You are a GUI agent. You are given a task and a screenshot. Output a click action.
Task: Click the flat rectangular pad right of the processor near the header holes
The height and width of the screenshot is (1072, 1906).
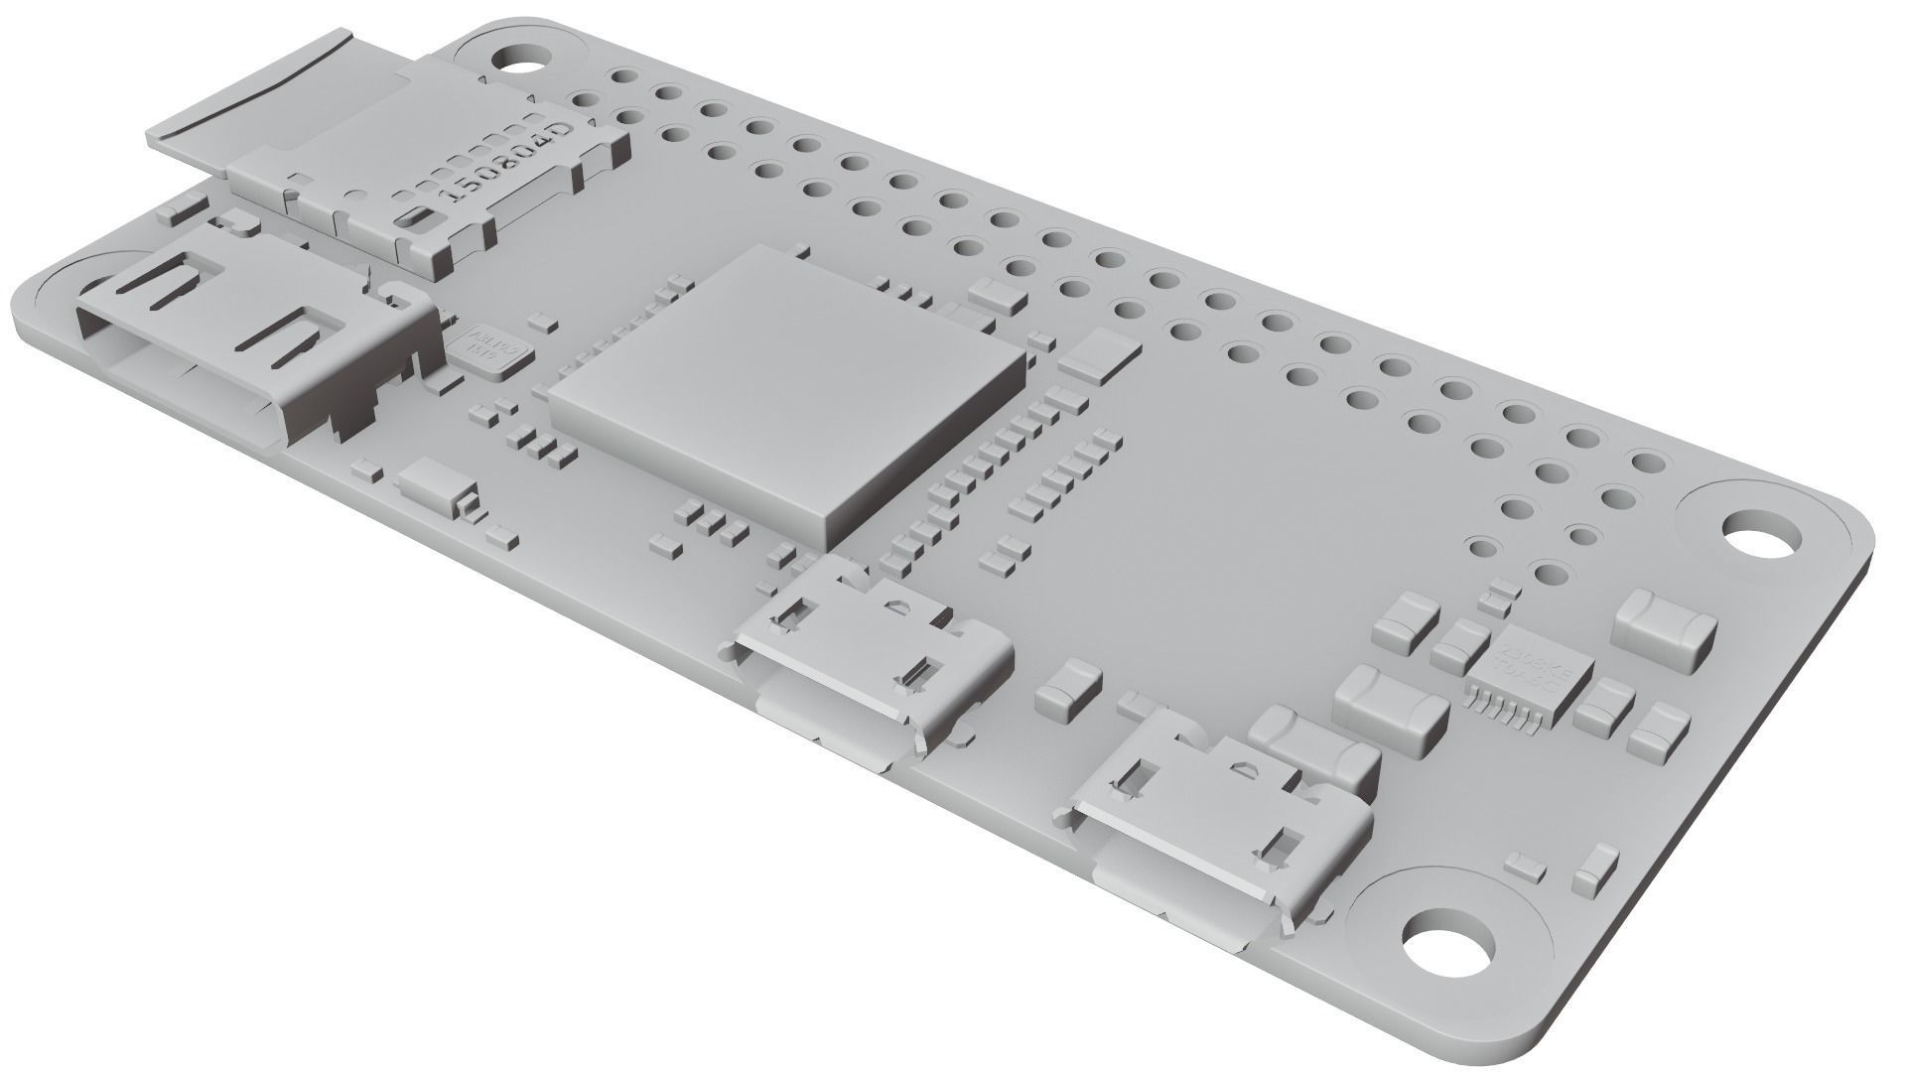(x=1098, y=353)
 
